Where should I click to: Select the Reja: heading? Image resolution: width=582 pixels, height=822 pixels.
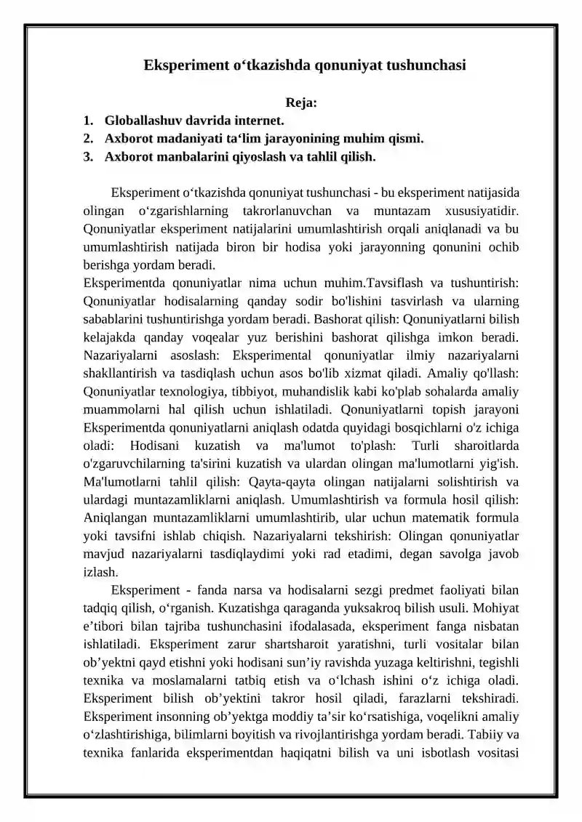[301, 102]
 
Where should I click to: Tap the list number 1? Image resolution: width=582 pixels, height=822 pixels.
[87, 120]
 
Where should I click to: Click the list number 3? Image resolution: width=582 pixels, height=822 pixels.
[87, 156]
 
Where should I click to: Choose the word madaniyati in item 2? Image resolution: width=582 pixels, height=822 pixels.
[190, 138]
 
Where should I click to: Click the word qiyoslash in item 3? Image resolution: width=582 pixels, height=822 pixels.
[253, 156]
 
